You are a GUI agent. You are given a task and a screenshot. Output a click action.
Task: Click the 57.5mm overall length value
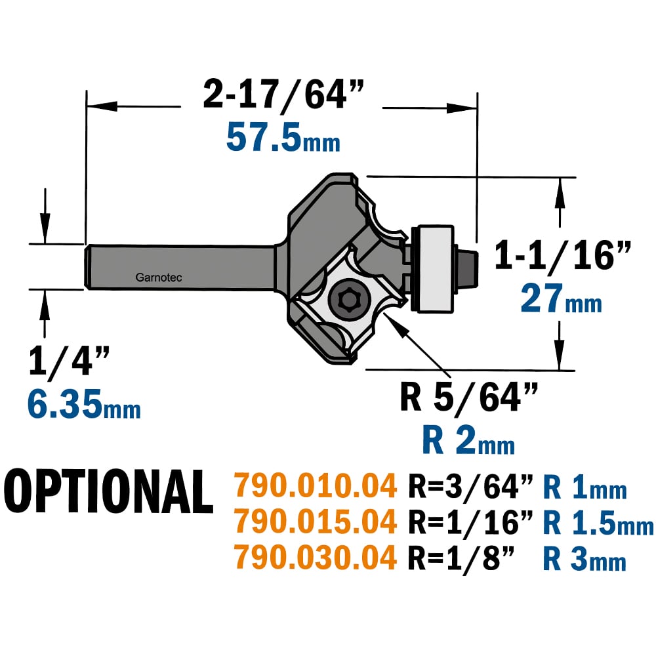pos(283,137)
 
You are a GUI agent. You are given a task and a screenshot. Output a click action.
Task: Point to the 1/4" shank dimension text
pos(69,361)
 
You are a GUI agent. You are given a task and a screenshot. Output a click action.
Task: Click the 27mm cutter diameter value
pos(561,298)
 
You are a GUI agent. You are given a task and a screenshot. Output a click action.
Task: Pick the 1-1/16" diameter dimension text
pos(562,256)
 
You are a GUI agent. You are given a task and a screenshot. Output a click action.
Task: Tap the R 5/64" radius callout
pos(468,397)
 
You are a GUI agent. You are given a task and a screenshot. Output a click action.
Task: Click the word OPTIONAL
pos(109,491)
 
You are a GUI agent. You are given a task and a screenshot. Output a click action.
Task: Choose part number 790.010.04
pos(315,485)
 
